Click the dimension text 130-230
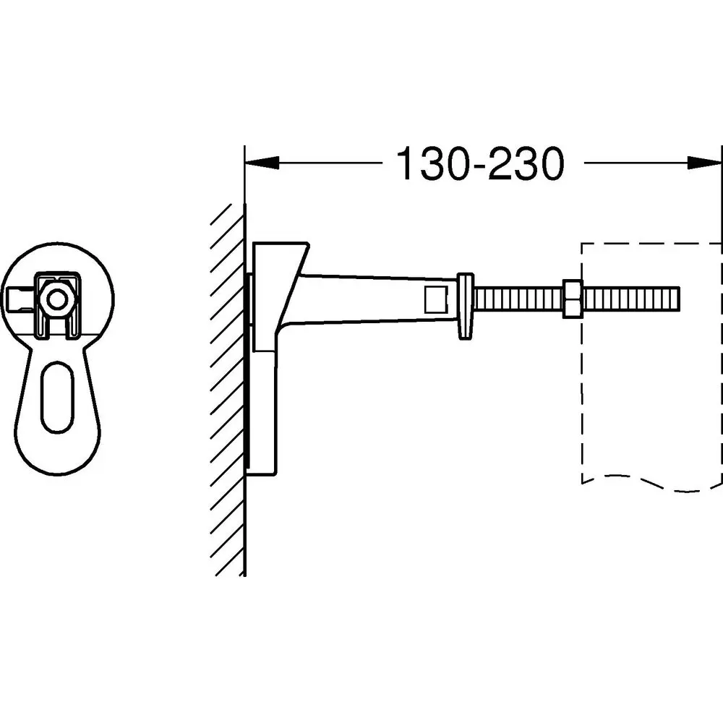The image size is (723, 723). coord(480,163)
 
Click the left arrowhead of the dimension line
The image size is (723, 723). coord(262,162)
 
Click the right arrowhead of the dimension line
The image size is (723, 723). coord(704,162)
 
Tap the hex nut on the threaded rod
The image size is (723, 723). coord(573,299)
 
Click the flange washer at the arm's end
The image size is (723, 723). coord(465,306)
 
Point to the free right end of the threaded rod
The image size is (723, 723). coord(678,299)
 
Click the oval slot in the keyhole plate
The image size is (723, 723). coord(57,396)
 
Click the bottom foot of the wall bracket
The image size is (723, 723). coord(262,471)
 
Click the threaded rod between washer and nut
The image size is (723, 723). coord(518,299)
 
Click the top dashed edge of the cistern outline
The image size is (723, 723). coord(651,243)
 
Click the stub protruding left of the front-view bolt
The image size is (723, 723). coord(22,299)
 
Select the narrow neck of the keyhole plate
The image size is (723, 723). coord(57,343)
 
